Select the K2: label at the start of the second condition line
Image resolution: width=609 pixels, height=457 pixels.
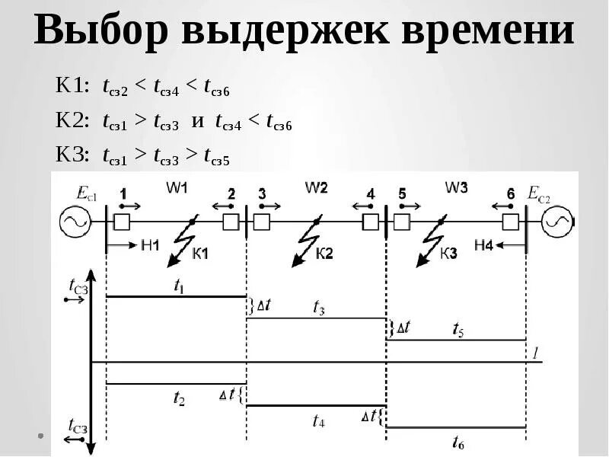(x=72, y=121)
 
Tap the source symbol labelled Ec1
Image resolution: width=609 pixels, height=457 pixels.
(x=75, y=222)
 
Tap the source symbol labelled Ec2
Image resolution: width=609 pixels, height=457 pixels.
(x=556, y=222)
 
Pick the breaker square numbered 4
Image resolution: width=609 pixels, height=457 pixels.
(x=370, y=222)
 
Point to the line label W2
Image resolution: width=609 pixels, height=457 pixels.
(x=316, y=187)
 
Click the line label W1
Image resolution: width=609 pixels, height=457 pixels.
(x=177, y=187)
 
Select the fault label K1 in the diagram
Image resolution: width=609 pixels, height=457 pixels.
(x=200, y=254)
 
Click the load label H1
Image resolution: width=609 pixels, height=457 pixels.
(x=150, y=244)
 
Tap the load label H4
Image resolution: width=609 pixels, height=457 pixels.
(x=484, y=244)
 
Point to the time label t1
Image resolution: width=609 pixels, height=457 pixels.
(x=178, y=286)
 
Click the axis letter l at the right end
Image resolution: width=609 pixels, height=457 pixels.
(x=535, y=353)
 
